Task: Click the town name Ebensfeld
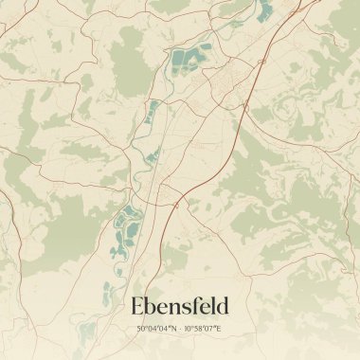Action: click(x=180, y=306)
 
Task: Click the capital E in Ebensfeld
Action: click(x=138, y=306)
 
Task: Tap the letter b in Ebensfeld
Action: click(x=153, y=306)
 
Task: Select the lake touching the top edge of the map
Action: click(x=264, y=9)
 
